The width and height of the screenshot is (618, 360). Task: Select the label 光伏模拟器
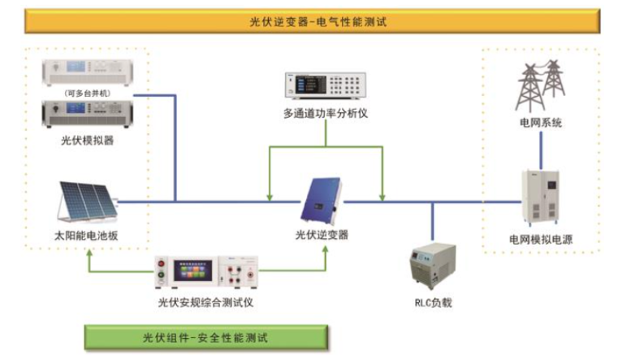pos(87,140)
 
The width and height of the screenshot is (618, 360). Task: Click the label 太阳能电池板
pos(87,237)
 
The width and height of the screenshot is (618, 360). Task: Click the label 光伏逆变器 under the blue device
pos(322,236)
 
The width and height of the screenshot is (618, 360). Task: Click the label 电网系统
pos(541,124)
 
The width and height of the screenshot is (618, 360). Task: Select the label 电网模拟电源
pos(541,240)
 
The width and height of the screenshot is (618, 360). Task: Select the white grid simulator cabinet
pos(541,198)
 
